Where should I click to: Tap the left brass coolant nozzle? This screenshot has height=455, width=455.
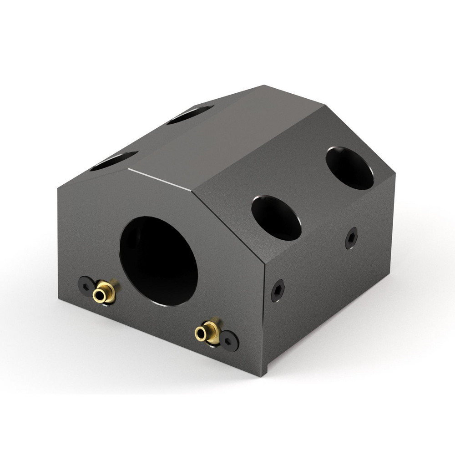click(104, 292)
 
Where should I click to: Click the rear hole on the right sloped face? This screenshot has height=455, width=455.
click(350, 168)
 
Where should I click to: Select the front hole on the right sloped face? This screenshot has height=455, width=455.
click(276, 218)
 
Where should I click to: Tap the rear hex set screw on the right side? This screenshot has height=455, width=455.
click(351, 238)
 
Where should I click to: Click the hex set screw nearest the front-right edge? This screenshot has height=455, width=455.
click(278, 290)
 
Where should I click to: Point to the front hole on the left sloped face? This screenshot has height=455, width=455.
click(114, 161)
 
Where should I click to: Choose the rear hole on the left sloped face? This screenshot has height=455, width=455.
click(190, 115)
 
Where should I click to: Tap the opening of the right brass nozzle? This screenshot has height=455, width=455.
click(200, 334)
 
